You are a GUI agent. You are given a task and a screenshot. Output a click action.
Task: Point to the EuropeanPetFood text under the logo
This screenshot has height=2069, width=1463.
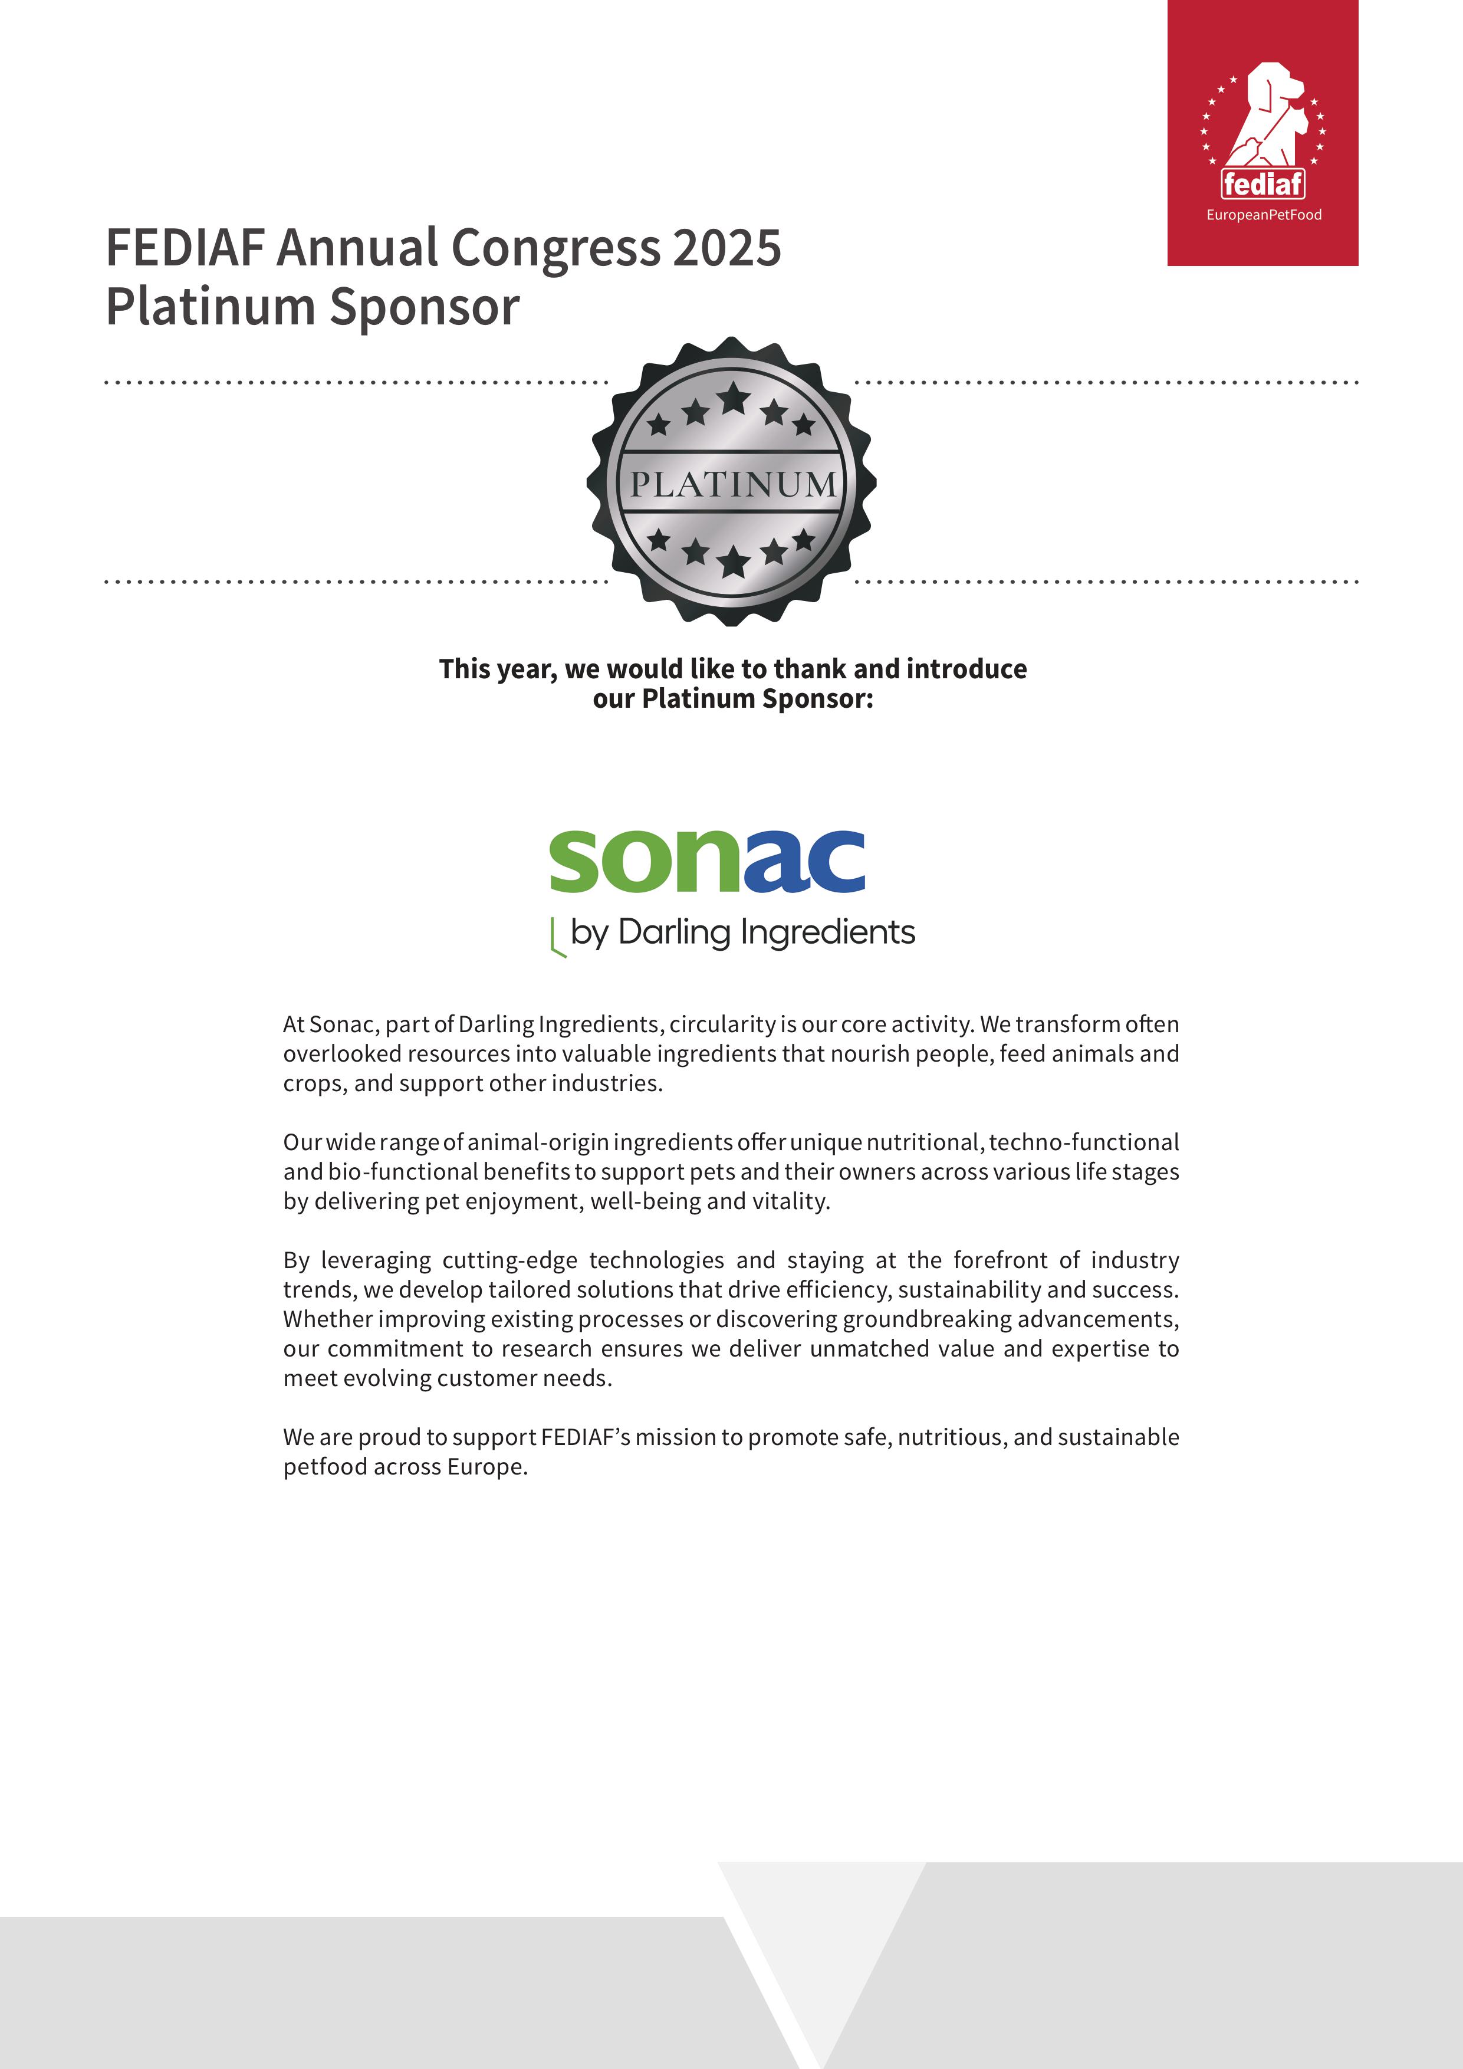[1263, 215]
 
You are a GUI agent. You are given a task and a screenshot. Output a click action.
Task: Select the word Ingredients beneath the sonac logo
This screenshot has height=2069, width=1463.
[827, 932]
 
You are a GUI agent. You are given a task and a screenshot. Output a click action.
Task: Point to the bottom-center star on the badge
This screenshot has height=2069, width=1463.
[734, 561]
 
